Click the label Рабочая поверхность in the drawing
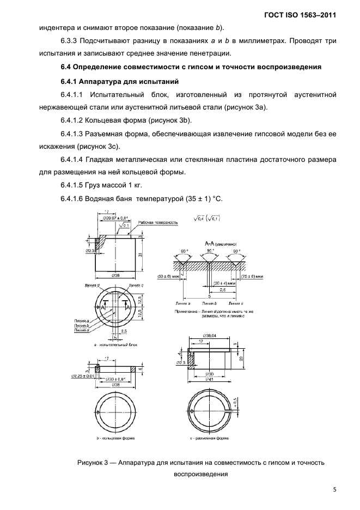click(158, 222)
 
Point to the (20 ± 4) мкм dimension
click(224, 283)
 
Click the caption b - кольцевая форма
click(115, 438)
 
